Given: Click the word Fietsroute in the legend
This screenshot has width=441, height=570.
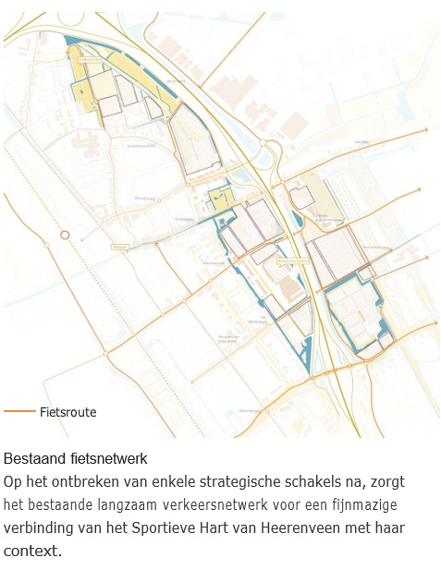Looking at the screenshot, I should [68, 412].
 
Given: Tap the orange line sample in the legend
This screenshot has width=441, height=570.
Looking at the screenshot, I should [19, 412].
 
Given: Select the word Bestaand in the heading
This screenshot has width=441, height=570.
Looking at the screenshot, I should [30, 458].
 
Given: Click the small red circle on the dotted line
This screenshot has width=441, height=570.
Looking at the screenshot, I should [65, 235].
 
